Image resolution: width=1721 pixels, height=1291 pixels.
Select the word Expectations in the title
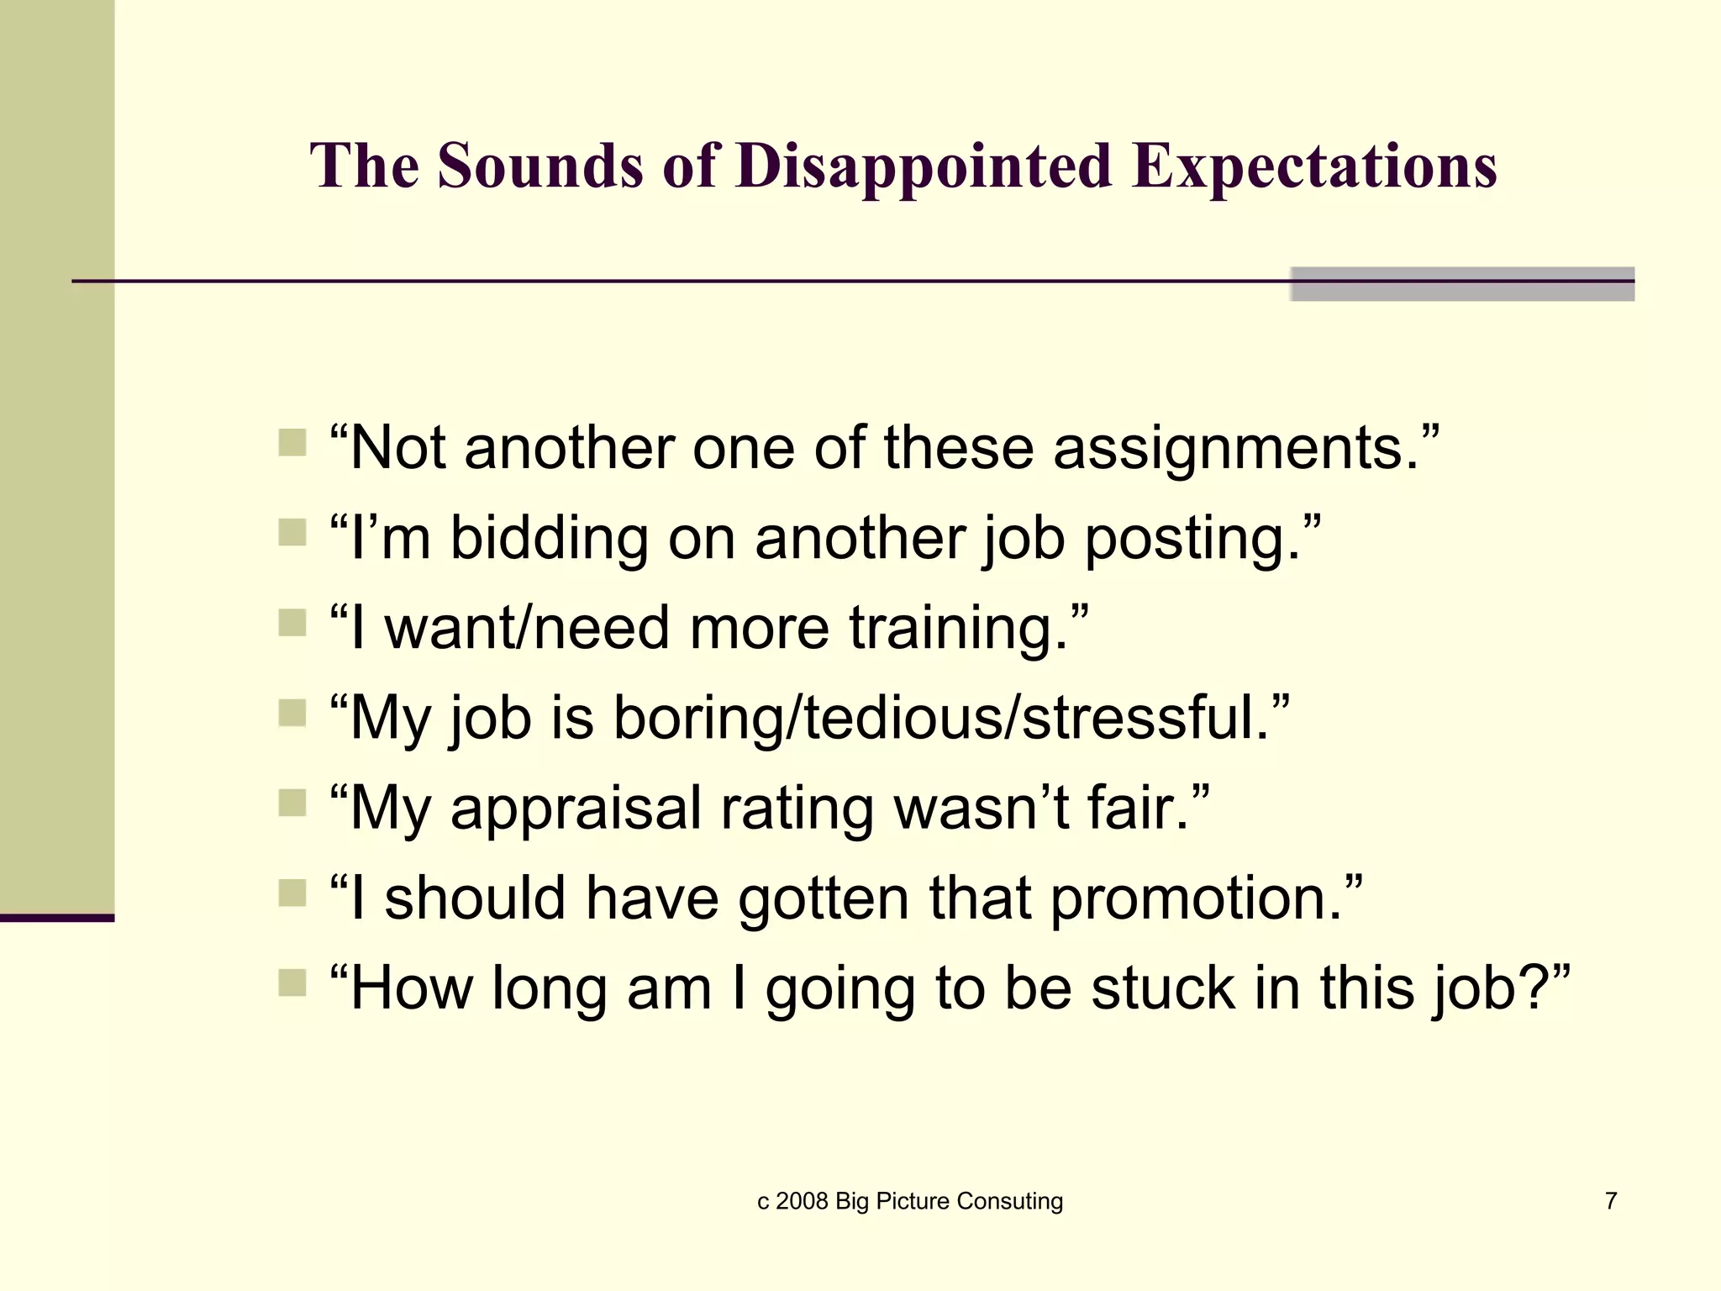tap(1314, 166)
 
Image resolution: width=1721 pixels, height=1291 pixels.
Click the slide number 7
tap(1611, 1201)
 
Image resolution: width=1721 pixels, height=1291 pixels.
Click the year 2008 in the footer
tap(803, 1202)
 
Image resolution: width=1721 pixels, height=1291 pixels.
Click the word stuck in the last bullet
tap(1163, 988)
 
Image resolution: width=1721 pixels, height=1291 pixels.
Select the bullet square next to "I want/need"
tap(292, 622)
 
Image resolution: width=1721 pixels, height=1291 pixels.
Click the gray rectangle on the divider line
tap(1462, 284)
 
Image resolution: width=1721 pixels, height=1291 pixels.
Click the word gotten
tap(824, 898)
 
